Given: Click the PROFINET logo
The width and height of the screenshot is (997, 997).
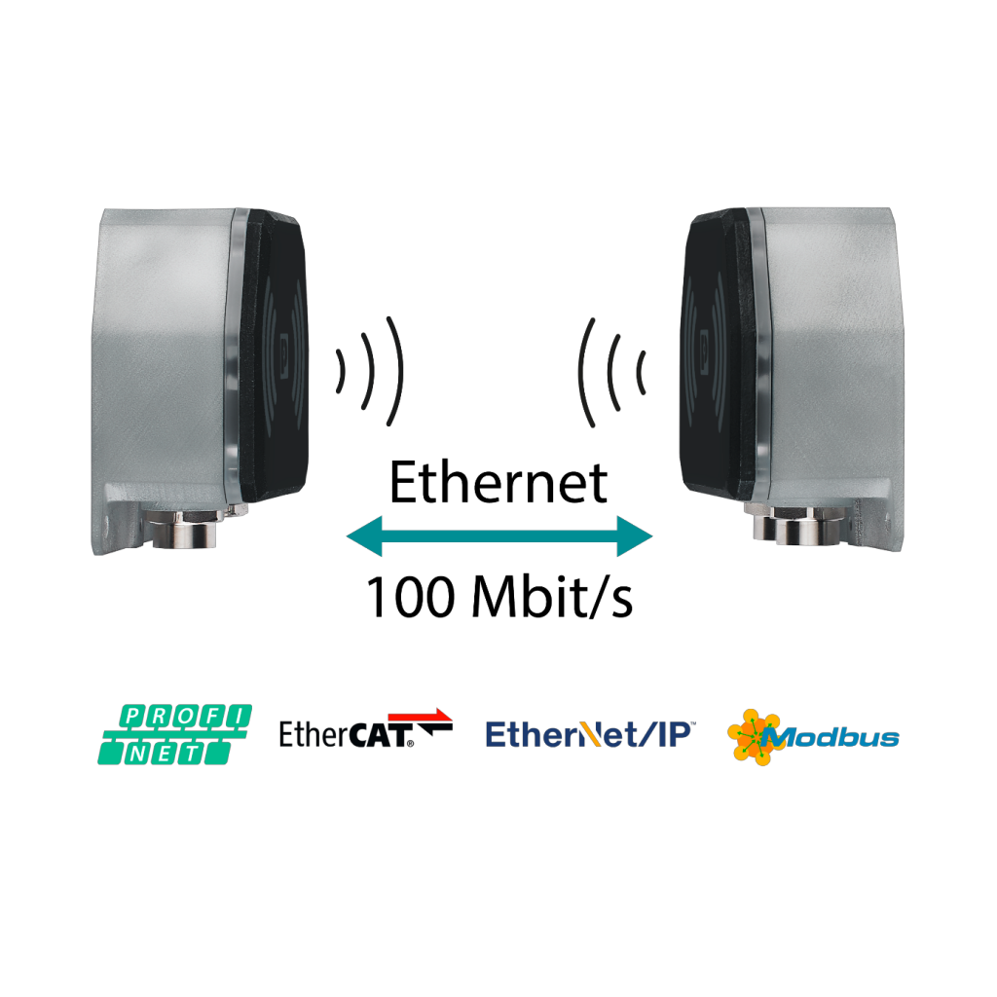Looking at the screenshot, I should click(175, 734).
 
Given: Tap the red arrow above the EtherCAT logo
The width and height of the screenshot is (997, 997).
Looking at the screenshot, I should click(420, 716).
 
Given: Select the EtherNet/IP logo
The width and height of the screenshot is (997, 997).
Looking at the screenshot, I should click(590, 735).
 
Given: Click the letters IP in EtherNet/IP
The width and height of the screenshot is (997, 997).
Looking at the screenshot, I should click(671, 735).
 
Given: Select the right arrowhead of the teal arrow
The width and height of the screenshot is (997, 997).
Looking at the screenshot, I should click(634, 535).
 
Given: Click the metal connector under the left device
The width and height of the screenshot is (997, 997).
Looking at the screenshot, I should click(182, 531).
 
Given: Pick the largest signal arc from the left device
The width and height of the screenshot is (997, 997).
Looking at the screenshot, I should click(395, 371).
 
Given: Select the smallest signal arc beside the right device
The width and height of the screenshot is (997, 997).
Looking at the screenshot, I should click(641, 371).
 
